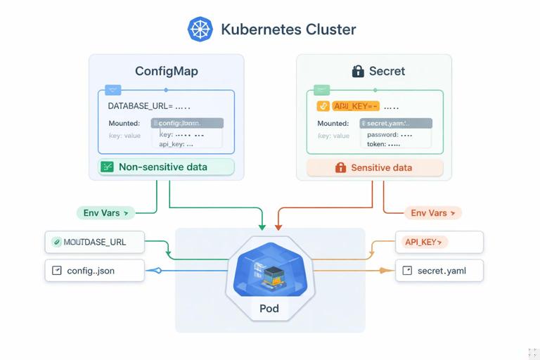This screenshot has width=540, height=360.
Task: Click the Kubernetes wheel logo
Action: (200, 30)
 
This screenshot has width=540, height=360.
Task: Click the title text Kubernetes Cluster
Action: (288, 30)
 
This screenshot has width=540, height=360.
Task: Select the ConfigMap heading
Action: (167, 71)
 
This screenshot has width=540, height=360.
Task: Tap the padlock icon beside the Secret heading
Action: (357, 71)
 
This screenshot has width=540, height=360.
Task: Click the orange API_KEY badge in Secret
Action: (355, 106)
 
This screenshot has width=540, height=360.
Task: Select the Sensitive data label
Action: (375, 168)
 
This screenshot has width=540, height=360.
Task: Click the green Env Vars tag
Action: (105, 212)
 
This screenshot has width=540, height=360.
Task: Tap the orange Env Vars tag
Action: (432, 212)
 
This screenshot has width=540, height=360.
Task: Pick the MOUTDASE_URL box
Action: (95, 242)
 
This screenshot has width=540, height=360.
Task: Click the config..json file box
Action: (95, 271)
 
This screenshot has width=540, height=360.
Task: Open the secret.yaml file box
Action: (439, 271)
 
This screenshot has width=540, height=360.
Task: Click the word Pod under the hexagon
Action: (269, 309)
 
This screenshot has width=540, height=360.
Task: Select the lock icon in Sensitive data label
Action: (340, 168)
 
